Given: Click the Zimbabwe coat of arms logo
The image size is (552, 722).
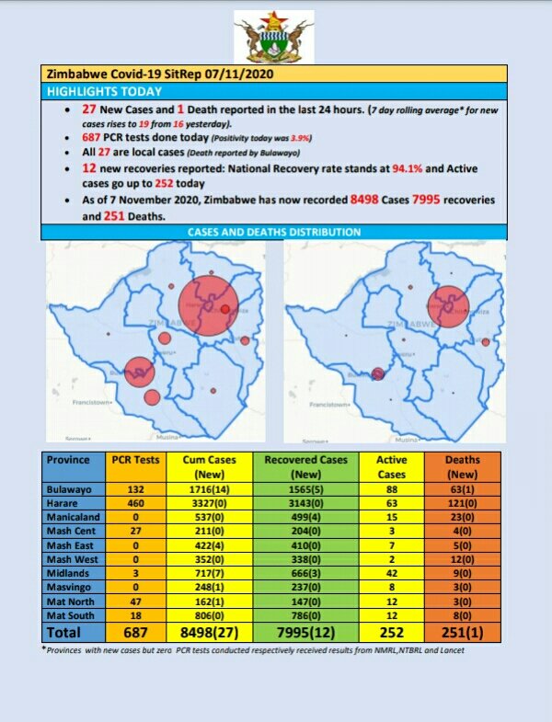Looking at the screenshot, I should pyautogui.click(x=273, y=36).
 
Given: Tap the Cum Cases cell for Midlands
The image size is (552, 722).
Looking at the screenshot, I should pyautogui.click(x=210, y=573).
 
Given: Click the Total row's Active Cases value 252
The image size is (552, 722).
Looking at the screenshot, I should pyautogui.click(x=392, y=632).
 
